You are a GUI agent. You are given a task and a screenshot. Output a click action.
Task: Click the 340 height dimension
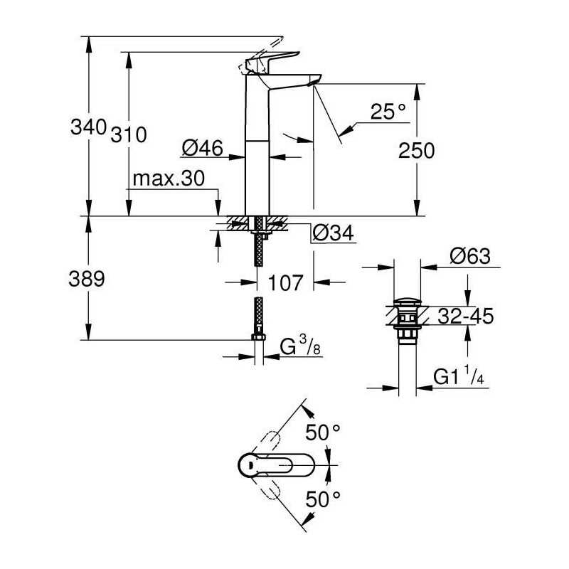(88, 127)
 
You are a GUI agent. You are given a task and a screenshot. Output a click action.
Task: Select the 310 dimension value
(129, 134)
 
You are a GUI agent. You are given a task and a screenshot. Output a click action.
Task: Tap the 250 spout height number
(416, 151)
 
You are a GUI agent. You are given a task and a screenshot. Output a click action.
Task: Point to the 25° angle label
(388, 112)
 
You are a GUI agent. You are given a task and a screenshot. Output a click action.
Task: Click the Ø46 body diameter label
(203, 148)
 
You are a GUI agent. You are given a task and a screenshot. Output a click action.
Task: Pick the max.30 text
(169, 179)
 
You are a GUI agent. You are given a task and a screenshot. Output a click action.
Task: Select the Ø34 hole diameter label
(333, 233)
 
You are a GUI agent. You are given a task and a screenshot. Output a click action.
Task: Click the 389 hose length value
(87, 279)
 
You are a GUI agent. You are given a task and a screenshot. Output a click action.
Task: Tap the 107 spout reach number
(285, 282)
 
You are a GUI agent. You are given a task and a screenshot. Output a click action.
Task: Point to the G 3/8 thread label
(300, 346)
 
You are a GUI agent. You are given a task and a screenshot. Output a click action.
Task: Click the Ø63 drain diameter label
(470, 256)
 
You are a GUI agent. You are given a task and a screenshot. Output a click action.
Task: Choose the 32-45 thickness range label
(466, 316)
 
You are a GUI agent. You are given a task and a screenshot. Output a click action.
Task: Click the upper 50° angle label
(323, 432)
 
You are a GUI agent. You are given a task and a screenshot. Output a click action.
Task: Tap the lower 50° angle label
(323, 499)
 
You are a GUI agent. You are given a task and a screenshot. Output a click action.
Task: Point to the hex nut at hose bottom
(258, 337)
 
